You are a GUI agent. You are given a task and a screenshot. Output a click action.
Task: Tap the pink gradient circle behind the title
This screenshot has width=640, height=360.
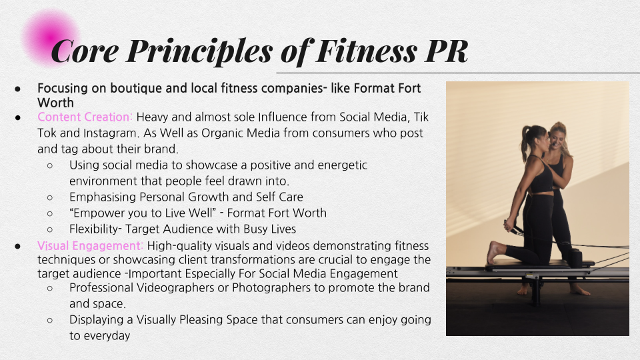pos(49,37)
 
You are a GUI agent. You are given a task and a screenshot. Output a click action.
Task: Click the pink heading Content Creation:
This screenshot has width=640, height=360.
pos(85,117)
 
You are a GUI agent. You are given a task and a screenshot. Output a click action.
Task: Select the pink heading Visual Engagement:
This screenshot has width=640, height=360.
pos(90,246)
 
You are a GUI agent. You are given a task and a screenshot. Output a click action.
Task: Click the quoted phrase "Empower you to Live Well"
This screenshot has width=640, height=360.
pos(141,213)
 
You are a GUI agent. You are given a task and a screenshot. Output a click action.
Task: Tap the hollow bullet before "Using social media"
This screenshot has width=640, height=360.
pos(51,165)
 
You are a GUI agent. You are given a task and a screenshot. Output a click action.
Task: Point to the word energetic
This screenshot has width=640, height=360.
pos(334,165)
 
